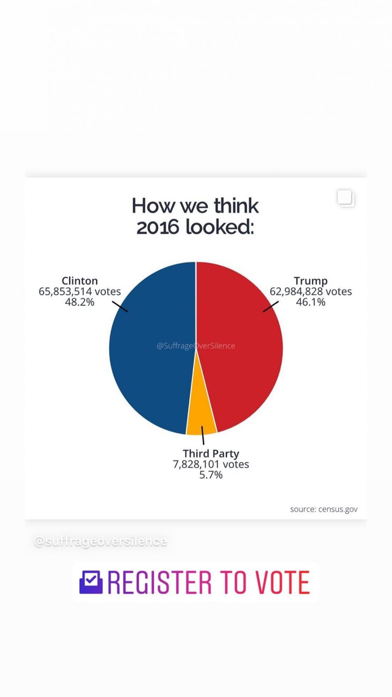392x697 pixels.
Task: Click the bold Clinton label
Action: [x=80, y=281]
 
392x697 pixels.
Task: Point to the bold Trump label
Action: [x=311, y=281]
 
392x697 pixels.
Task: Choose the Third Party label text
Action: [x=211, y=453]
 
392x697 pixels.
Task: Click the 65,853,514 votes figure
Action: [x=80, y=292]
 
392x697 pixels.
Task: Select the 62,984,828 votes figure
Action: [x=311, y=292]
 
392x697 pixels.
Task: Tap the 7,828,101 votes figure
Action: [x=211, y=464]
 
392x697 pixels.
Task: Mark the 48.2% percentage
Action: [x=80, y=302]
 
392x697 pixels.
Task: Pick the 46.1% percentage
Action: [x=311, y=302]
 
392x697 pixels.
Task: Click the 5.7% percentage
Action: [x=211, y=475]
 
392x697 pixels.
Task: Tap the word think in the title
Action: [x=236, y=206]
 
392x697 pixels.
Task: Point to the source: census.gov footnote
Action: [x=324, y=509]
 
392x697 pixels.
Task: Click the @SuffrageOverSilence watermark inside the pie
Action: [x=196, y=346]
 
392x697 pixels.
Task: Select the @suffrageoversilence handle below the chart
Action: [x=100, y=541]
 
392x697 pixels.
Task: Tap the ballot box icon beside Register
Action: [x=91, y=582]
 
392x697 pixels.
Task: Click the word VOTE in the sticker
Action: [x=282, y=582]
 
